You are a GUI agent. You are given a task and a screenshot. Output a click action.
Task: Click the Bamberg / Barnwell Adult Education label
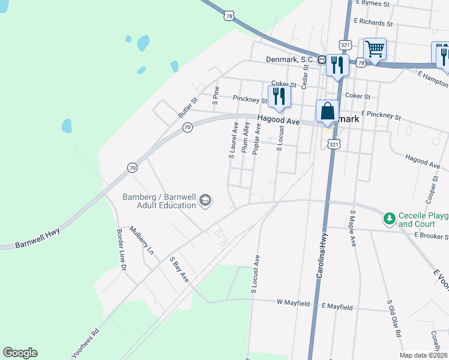tap(159, 201)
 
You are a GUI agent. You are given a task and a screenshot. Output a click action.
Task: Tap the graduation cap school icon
tap(205, 200)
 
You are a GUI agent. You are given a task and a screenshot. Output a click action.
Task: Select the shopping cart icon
tap(375, 48)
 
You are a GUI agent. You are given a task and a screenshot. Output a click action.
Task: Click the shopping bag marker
tap(327, 111)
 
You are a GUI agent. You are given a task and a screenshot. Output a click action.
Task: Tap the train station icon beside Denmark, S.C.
tap(322, 60)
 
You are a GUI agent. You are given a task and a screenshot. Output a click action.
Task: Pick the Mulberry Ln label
tap(142, 241)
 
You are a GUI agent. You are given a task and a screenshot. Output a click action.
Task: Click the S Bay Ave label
tap(179, 270)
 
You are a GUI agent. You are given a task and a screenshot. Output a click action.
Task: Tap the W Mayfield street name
tap(293, 304)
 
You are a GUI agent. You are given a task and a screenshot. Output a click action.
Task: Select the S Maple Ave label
tap(353, 229)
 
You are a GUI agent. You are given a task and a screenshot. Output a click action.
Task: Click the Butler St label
tap(187, 107)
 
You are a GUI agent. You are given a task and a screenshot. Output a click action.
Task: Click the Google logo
tap(20, 353)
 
